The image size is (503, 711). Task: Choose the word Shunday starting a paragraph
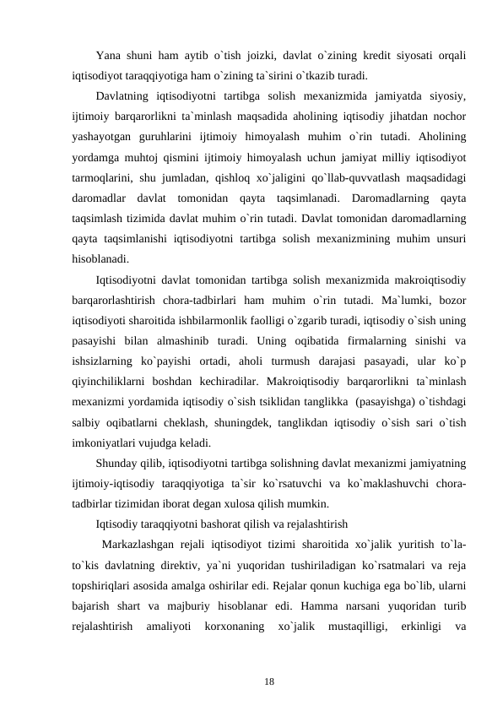(116, 463)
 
